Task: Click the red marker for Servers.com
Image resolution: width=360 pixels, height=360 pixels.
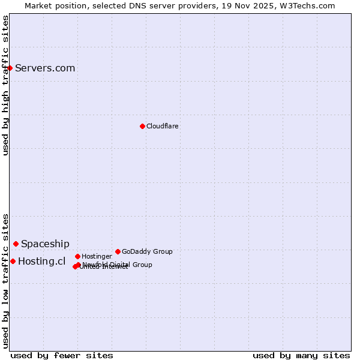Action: (10, 68)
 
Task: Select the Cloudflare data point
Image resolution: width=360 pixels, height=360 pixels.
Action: (142, 126)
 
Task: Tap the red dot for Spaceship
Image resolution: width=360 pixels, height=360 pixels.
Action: (16, 244)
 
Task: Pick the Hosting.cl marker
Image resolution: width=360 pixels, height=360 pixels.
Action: (13, 261)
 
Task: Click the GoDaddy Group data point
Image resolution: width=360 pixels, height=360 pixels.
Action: (118, 251)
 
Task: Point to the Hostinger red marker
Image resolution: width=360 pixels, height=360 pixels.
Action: (77, 256)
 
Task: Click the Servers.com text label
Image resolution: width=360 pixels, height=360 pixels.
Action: (45, 68)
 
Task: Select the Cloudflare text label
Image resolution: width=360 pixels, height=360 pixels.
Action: (163, 126)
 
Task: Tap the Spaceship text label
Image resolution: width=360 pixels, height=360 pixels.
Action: (45, 244)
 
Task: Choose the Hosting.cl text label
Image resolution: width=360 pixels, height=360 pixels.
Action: (41, 261)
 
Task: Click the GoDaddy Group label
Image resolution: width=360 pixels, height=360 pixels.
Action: (147, 251)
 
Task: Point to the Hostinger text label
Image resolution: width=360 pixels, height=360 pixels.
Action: (97, 256)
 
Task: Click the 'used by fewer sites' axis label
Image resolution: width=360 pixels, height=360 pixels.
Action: (62, 355)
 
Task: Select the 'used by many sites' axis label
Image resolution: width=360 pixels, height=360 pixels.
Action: (301, 355)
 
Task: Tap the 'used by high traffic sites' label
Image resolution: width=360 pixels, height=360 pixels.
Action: (5, 85)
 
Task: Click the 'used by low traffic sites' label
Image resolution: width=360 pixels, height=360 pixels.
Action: (5, 281)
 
